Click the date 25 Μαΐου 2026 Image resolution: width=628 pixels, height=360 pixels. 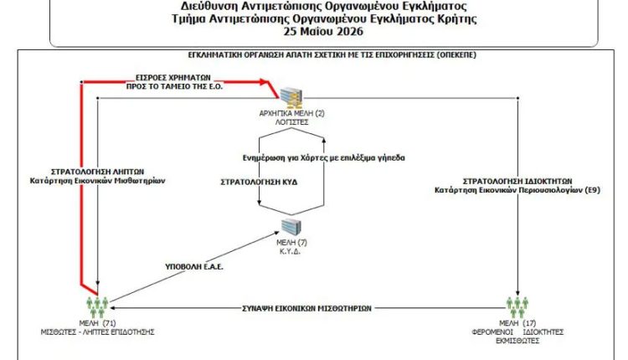point(323,32)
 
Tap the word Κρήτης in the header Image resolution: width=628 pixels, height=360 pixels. point(456,18)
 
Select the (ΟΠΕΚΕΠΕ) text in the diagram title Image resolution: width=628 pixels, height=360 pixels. point(456,55)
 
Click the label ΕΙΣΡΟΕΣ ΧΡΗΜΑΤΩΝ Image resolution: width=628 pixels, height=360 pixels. point(173,78)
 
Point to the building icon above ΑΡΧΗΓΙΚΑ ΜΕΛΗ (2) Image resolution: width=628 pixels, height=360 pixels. point(291,98)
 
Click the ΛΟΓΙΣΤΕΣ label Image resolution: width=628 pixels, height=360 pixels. point(291,122)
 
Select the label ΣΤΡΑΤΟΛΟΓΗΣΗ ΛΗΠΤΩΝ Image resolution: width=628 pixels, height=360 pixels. point(97,172)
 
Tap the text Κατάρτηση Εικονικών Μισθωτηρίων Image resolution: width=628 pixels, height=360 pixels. point(97,181)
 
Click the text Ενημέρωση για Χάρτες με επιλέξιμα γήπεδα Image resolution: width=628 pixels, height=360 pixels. point(323,157)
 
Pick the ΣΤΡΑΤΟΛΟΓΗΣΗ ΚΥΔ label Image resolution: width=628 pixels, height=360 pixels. point(259,183)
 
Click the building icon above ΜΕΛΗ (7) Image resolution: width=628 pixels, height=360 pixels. point(291,227)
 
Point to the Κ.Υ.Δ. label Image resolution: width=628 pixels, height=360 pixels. point(290,252)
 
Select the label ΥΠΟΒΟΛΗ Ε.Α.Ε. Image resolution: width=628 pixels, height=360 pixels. point(194,267)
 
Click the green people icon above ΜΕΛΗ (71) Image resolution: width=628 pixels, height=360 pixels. point(97,307)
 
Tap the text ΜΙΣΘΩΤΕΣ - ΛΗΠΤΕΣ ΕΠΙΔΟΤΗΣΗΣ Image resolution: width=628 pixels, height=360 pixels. point(97,332)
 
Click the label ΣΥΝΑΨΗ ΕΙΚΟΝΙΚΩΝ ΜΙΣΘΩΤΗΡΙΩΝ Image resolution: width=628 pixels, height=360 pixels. point(306,308)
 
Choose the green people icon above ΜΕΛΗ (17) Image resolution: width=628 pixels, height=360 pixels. point(517,307)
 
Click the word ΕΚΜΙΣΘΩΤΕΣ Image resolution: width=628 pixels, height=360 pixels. point(517,341)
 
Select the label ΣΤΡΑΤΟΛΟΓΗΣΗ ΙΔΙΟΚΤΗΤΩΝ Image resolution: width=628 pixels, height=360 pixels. point(517,181)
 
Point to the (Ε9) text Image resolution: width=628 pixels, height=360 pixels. point(592,190)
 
